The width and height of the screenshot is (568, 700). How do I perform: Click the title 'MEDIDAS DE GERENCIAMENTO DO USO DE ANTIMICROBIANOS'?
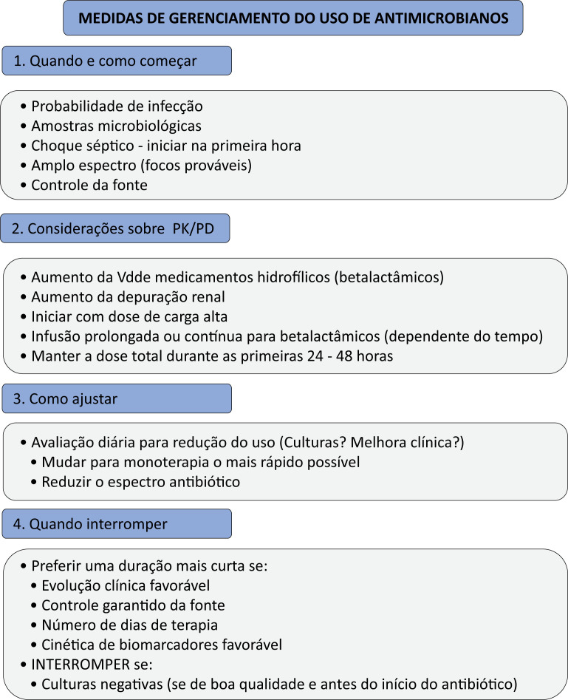[x=293, y=18]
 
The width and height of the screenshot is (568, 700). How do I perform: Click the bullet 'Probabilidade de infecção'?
[x=117, y=106]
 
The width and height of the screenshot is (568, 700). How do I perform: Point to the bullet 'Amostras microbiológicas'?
[x=116, y=126]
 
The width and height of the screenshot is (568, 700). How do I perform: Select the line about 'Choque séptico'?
[x=165, y=146]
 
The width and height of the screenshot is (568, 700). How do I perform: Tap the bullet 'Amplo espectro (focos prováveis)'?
[x=141, y=166]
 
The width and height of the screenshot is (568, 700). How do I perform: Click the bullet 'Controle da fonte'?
[x=89, y=186]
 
